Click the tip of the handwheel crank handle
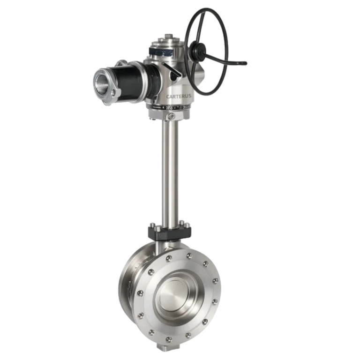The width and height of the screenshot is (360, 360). pyautogui.click(x=244, y=63)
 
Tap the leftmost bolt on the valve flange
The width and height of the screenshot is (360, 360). pyautogui.click(x=139, y=294)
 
